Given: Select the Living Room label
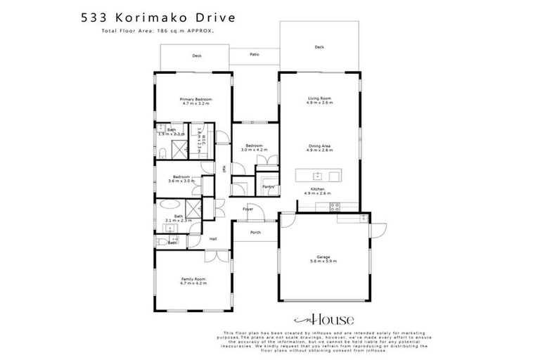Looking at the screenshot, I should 319,100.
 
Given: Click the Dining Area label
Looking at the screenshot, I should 319,148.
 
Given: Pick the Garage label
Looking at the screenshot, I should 323,259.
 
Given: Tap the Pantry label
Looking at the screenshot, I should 268,187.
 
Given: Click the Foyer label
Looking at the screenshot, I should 248,210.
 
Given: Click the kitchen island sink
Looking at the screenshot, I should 319,176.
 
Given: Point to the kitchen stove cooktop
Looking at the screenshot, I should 335,206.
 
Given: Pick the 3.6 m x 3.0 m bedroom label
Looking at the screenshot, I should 181,179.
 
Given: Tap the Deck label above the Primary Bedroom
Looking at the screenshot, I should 197,55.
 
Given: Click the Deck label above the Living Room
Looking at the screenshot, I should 319,47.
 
